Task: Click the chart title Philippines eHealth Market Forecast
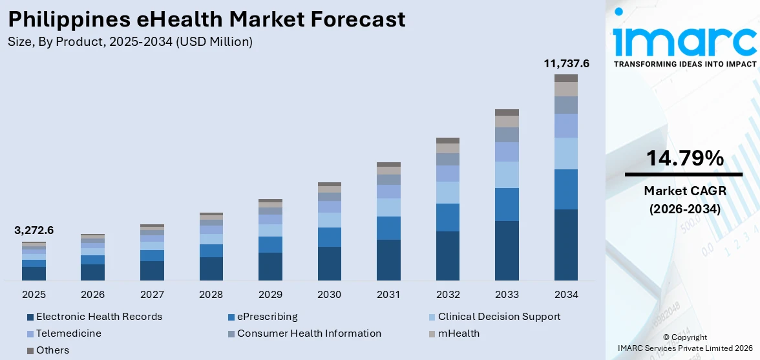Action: (207, 19)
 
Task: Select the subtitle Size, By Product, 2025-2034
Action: (130, 42)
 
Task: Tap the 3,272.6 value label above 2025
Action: (34, 231)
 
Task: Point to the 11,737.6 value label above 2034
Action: (566, 63)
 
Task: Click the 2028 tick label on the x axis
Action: (211, 295)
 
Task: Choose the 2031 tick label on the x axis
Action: (388, 295)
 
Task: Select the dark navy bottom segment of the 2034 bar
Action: (566, 245)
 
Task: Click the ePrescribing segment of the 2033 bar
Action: (507, 204)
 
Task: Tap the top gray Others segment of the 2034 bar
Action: (566, 78)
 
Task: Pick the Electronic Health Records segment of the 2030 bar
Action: (330, 264)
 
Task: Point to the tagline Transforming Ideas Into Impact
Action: (684, 64)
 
